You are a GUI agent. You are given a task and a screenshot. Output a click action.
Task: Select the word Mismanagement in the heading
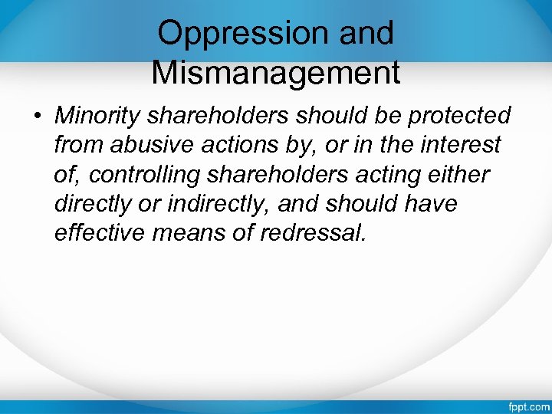pos(276,73)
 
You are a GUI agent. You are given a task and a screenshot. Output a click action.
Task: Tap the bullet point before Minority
pos(38,117)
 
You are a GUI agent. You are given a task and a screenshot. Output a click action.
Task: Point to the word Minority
pos(98,116)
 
